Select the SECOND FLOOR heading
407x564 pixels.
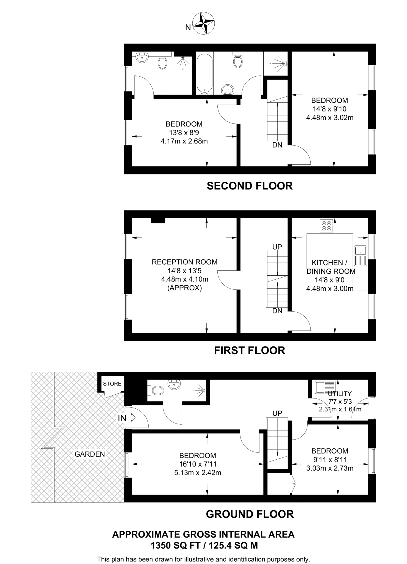(x=250, y=186)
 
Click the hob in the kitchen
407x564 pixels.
(x=327, y=226)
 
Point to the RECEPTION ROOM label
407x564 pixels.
(x=184, y=262)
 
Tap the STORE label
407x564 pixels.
(x=112, y=384)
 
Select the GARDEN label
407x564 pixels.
(x=90, y=454)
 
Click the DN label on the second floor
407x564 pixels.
(x=277, y=145)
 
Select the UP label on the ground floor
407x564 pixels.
(x=277, y=413)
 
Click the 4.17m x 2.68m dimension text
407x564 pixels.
(x=184, y=141)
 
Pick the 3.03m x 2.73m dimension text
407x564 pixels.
(x=330, y=468)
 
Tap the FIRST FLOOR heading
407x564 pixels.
(x=250, y=351)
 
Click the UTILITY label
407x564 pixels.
(x=340, y=394)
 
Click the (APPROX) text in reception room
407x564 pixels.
(x=184, y=288)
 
